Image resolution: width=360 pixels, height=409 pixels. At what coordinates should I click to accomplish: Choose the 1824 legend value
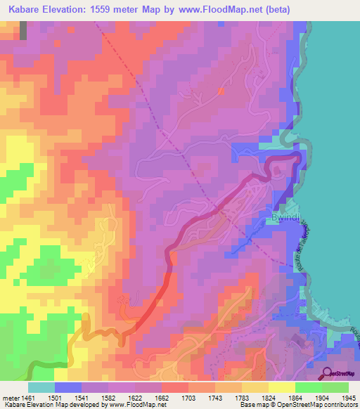[x=255, y=397]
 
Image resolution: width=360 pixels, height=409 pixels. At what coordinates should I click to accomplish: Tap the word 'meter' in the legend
[x=11, y=397]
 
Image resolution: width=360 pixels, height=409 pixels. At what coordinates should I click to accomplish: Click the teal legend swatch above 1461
[x=41, y=387]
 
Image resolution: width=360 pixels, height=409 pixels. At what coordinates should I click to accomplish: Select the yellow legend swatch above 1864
[x=281, y=387]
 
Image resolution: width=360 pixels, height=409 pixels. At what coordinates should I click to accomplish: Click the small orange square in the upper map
[x=221, y=91]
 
